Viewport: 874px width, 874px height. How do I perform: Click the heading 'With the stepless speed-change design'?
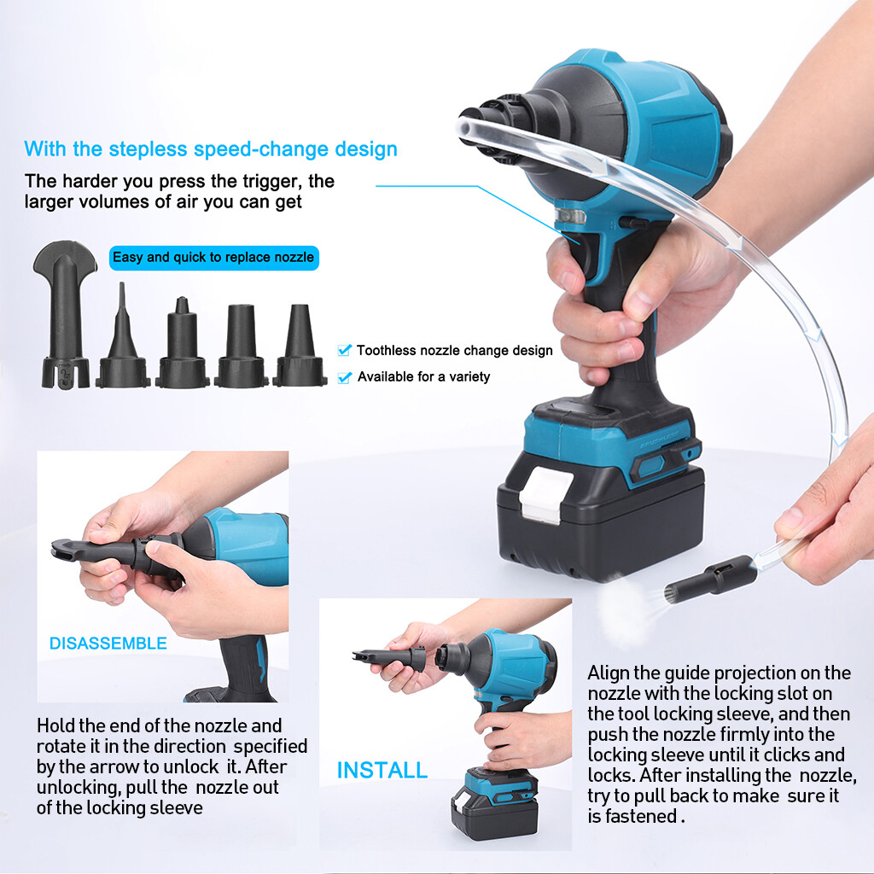(211, 149)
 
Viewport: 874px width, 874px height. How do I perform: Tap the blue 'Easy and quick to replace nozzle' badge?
(213, 257)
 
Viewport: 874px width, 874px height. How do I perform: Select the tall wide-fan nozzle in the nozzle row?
(65, 316)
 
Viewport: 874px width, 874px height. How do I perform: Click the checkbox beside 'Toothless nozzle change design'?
(344, 350)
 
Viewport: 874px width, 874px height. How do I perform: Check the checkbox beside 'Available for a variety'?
(344, 376)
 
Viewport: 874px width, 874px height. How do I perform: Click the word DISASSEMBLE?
(108, 644)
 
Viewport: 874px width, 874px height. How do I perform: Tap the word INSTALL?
(382, 770)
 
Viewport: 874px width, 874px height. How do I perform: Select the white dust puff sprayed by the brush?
(627, 607)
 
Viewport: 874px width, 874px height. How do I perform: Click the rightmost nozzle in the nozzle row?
(300, 350)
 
